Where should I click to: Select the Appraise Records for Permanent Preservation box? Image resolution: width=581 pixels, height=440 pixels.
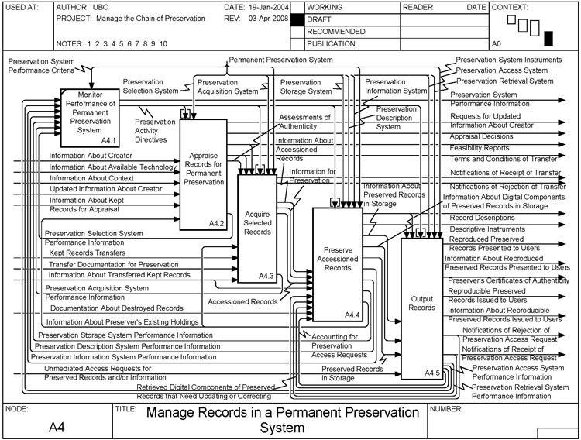202,174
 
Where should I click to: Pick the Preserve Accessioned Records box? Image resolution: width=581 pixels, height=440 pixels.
337,263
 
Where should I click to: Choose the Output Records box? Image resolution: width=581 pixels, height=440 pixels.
421,302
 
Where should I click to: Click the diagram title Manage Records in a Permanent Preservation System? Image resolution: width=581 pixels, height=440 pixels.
282,418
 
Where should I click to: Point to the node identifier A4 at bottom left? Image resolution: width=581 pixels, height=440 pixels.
57,426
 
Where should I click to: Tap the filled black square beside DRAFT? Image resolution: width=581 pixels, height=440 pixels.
296,19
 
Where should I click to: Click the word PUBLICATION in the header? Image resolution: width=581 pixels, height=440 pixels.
332,44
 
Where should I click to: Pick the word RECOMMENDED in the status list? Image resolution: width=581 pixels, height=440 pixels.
336,32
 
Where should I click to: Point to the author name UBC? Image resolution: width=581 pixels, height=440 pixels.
104,7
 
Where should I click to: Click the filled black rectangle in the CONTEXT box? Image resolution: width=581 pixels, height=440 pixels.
548,37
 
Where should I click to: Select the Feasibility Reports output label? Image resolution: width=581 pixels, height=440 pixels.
480,147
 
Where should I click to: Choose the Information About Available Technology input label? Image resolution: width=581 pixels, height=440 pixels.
113,167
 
